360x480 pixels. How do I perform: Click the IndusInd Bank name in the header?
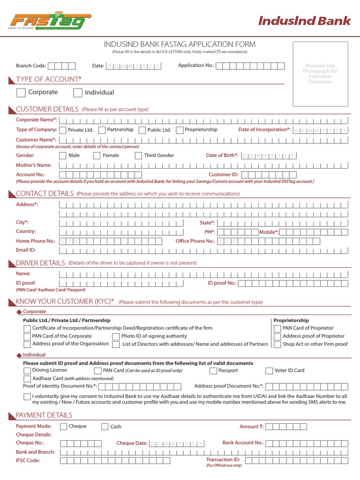pos(304,21)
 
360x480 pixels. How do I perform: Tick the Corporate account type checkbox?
pos(21,92)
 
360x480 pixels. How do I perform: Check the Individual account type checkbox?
pos(77,92)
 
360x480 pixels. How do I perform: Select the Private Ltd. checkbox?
pos(63,130)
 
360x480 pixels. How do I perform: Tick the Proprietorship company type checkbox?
pos(180,130)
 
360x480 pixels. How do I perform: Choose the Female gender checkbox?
pos(97,156)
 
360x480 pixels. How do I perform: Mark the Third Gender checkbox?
pos(138,156)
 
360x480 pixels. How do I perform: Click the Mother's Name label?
pos(34,165)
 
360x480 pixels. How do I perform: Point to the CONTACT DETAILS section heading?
pos(45,194)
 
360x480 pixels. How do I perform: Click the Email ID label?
pos(26,250)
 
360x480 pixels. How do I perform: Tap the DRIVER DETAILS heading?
pos(40,263)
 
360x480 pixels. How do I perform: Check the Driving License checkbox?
pos(27,371)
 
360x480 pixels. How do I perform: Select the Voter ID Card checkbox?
pos(269,371)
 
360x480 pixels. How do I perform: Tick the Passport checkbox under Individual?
pos(213,371)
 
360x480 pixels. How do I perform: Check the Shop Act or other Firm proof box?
pos(277,344)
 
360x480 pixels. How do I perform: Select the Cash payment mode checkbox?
pos(104,427)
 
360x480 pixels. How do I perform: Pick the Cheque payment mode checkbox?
pos(63,427)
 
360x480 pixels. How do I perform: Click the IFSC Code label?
pos(28,460)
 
